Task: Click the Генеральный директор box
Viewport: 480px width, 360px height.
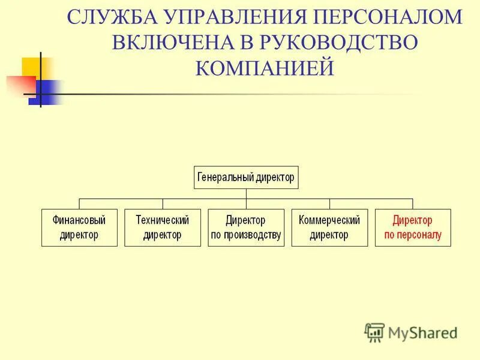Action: coord(246,178)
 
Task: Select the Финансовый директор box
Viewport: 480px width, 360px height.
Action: coord(79,227)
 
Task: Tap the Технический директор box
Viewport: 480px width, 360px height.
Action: coord(162,227)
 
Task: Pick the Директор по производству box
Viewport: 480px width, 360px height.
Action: coord(245,227)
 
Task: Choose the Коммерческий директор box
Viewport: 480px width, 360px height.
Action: coord(329,227)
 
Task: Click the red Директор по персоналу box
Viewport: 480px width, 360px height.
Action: coord(412,227)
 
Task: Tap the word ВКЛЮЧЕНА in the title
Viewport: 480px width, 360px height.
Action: coord(176,43)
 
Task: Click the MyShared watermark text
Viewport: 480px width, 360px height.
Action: coord(422,332)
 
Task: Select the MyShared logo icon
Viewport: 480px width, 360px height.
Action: coord(374,332)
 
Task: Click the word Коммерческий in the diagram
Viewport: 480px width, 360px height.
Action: coord(329,220)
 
